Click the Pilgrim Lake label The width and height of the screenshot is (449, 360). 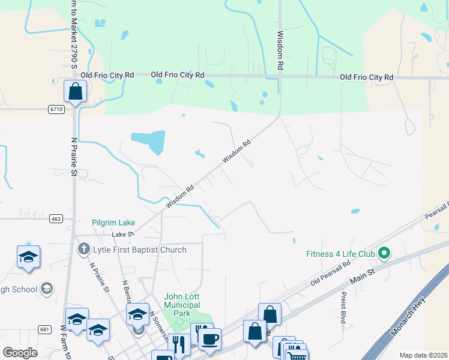[x=113, y=223]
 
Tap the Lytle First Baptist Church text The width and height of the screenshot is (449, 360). [x=140, y=250]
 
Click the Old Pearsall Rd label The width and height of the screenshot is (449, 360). [x=330, y=274]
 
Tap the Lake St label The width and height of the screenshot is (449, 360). [x=121, y=235]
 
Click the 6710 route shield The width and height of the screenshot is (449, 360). [x=56, y=109]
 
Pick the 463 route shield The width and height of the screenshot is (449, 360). [x=56, y=219]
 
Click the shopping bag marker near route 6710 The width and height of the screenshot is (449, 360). [x=75, y=92]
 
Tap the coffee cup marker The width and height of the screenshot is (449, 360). [x=209, y=340]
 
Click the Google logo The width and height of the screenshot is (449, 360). [x=20, y=353]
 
